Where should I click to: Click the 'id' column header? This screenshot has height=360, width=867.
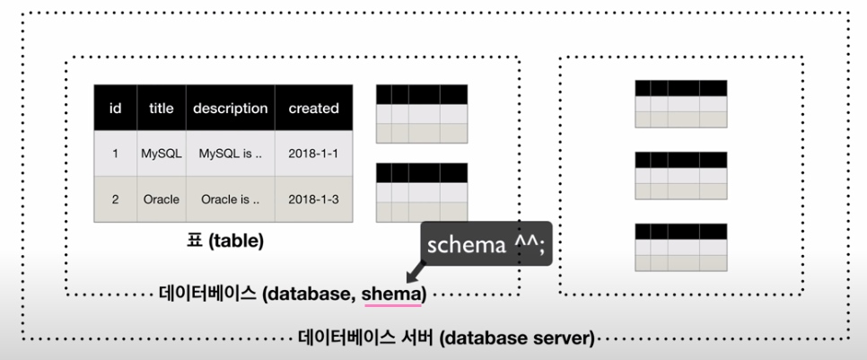pyautogui.click(x=115, y=108)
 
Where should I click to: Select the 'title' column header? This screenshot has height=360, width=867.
pyautogui.click(x=162, y=108)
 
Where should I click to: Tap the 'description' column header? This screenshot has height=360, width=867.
pyautogui.click(x=230, y=108)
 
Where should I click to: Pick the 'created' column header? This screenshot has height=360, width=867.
pyautogui.click(x=313, y=108)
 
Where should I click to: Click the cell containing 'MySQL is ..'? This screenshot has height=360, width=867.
pyautogui.click(x=230, y=154)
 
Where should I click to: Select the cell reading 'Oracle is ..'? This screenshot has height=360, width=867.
pyautogui.click(x=230, y=199)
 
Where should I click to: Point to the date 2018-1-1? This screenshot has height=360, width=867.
pyautogui.click(x=313, y=154)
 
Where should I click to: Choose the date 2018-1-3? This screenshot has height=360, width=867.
pyautogui.click(x=313, y=199)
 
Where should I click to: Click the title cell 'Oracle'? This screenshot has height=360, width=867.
pyautogui.click(x=162, y=199)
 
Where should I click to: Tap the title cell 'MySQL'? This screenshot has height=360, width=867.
pyautogui.click(x=162, y=154)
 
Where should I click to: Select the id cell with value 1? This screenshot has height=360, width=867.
pyautogui.click(x=115, y=154)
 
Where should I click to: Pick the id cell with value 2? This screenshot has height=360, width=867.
pyautogui.click(x=115, y=199)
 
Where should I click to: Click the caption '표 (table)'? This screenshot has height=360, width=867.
pyautogui.click(x=223, y=241)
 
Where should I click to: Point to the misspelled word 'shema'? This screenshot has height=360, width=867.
pyautogui.click(x=399, y=293)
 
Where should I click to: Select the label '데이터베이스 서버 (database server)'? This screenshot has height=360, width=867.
pyautogui.click(x=446, y=338)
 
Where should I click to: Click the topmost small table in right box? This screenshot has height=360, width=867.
pyautogui.click(x=680, y=103)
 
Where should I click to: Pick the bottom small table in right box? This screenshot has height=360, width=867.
pyautogui.click(x=680, y=247)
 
